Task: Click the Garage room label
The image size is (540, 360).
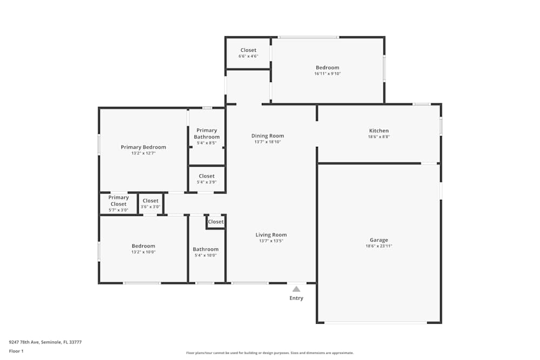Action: click(x=379, y=240)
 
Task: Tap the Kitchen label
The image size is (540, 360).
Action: click(x=379, y=131)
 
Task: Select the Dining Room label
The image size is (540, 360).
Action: click(x=268, y=136)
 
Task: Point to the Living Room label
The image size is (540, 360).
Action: click(x=271, y=235)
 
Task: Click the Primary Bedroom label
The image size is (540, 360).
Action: click(x=143, y=147)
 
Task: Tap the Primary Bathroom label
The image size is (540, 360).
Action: click(x=207, y=133)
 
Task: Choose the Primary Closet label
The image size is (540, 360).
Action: click(x=118, y=201)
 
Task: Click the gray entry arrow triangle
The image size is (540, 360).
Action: click(x=296, y=289)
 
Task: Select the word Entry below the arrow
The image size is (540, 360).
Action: click(x=296, y=298)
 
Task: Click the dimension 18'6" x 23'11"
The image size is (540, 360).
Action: click(x=379, y=246)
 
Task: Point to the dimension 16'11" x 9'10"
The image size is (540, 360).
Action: click(x=328, y=73)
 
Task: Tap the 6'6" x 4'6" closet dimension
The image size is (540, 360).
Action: click(x=248, y=56)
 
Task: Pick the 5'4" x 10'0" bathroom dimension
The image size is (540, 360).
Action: click(x=206, y=255)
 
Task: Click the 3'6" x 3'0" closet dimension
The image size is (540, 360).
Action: click(x=151, y=207)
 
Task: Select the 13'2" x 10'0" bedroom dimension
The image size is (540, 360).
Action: click(x=143, y=252)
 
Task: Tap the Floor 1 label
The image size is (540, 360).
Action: click(x=16, y=351)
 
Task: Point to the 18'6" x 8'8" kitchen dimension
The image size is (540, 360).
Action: click(x=379, y=137)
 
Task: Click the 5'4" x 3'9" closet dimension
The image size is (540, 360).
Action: click(x=207, y=182)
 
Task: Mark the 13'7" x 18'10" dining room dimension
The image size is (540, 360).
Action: click(x=268, y=142)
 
